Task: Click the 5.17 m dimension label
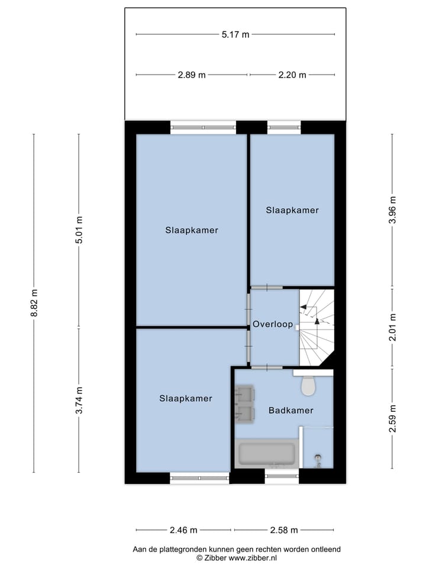[235, 34]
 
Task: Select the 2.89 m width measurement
[192, 75]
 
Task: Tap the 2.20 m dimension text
[293, 75]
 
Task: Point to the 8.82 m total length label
[34, 303]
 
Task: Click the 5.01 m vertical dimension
[79, 230]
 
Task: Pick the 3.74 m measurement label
[79, 400]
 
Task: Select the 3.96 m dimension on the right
[392, 210]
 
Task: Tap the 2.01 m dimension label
[392, 327]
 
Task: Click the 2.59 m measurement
[392, 419]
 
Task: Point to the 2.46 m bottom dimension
[183, 530]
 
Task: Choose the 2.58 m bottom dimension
[283, 530]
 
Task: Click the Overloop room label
[273, 325]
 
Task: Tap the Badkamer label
[291, 410]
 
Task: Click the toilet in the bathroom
[308, 385]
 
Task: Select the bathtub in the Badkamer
[266, 454]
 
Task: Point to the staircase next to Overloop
[316, 327]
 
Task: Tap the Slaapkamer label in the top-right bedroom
[292, 210]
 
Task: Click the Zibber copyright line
[236, 558]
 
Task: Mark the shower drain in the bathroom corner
[318, 457]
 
